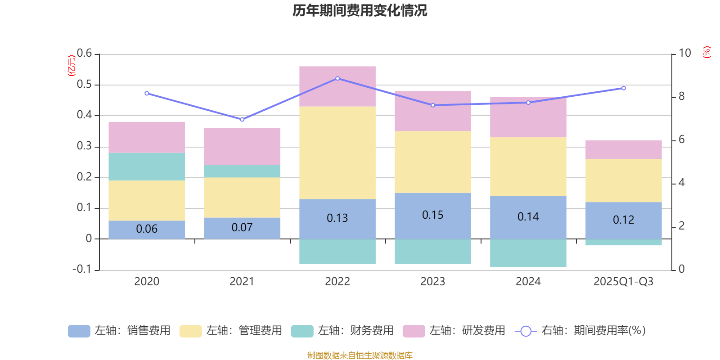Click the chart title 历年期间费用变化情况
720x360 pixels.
point(360,10)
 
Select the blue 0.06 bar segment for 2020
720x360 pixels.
point(147,229)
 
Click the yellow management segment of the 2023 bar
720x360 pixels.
point(433,162)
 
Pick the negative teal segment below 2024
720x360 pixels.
point(528,253)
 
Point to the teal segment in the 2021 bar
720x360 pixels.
point(242,171)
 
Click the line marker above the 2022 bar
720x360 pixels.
point(337,78)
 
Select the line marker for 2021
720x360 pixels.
point(242,119)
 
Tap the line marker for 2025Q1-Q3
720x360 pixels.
point(623,88)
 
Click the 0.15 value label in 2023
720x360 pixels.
point(433,215)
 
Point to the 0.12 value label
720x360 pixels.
point(623,220)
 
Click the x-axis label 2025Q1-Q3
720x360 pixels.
point(623,282)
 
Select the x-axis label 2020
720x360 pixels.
point(147,282)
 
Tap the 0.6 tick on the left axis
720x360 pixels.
point(84,54)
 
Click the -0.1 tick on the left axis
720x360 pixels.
point(82,269)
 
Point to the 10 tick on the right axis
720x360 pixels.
point(684,53)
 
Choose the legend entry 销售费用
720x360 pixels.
point(119,331)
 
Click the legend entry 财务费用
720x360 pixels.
point(342,331)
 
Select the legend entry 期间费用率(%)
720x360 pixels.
point(580,331)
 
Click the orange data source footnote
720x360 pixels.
point(360,355)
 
